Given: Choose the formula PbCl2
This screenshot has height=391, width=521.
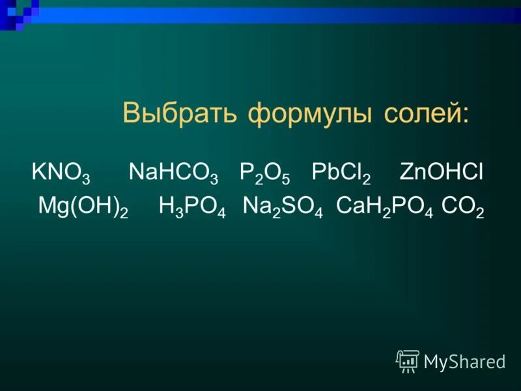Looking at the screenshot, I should click(341, 173).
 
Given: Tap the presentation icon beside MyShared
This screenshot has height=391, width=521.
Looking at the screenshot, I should click(407, 360).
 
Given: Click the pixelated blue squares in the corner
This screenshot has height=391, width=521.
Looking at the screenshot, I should click(20, 13).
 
